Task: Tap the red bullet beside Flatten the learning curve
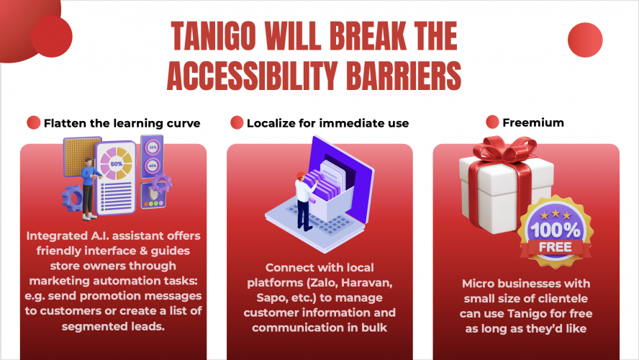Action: tap(33, 122)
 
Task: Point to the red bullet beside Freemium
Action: tap(492, 122)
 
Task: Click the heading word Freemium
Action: tap(534, 122)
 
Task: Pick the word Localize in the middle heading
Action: tap(271, 123)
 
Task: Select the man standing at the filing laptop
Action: tap(302, 199)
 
